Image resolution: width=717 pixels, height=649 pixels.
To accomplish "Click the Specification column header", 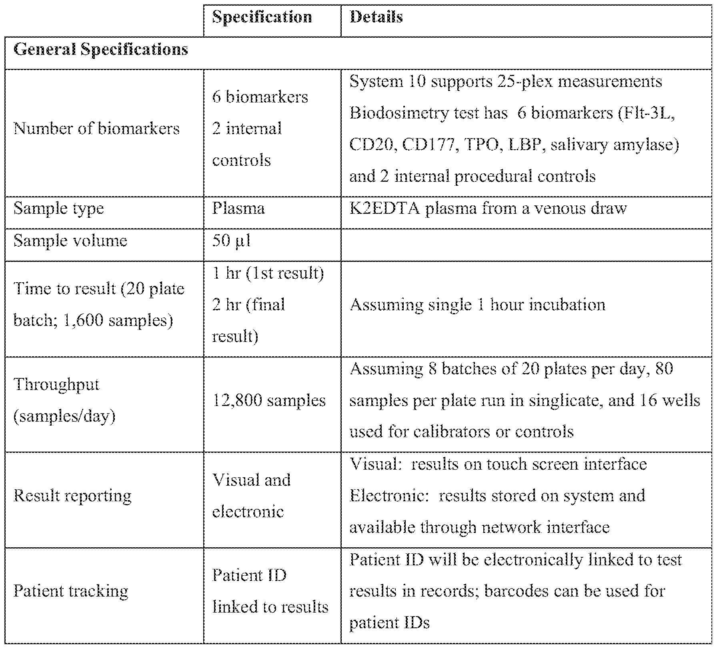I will coord(262,18).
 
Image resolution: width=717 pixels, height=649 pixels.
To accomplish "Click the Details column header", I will coord(376,18).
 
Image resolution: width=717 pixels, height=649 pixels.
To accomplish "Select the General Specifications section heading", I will coord(100,50).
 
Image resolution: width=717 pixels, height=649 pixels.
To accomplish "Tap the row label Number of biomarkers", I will coord(96,129).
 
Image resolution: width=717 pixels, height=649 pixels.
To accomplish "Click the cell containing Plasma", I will coord(238,209).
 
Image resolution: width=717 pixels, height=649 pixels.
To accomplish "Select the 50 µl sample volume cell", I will coord(231,241).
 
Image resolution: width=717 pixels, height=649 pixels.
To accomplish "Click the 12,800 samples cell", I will coord(268,401).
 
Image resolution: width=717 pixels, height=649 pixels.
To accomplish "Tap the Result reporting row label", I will coord(72,496).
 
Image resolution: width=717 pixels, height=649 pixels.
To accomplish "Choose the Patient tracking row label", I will coord(71,591).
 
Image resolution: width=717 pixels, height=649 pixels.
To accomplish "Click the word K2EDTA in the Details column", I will coord(384,209).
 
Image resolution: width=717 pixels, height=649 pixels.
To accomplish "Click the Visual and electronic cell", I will coord(251,496).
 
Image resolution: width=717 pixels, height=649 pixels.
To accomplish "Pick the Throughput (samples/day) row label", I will coord(64,401).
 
